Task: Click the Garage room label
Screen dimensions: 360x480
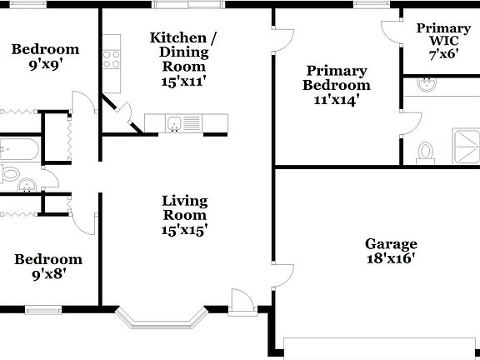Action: [391, 244]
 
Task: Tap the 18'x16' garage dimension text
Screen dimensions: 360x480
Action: [391, 258]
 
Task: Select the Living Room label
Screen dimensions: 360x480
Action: [184, 208]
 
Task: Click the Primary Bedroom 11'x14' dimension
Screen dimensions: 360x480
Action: [336, 100]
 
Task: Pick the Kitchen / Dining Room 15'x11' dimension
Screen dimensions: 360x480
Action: [184, 82]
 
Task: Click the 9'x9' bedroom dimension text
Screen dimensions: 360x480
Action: [45, 63]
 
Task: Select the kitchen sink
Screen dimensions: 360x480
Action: [174, 124]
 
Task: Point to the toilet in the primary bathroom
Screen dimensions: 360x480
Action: [426, 152]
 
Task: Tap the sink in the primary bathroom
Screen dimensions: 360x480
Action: [427, 84]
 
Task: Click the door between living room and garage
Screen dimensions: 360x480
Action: [282, 277]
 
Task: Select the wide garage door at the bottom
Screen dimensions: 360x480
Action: [381, 348]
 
